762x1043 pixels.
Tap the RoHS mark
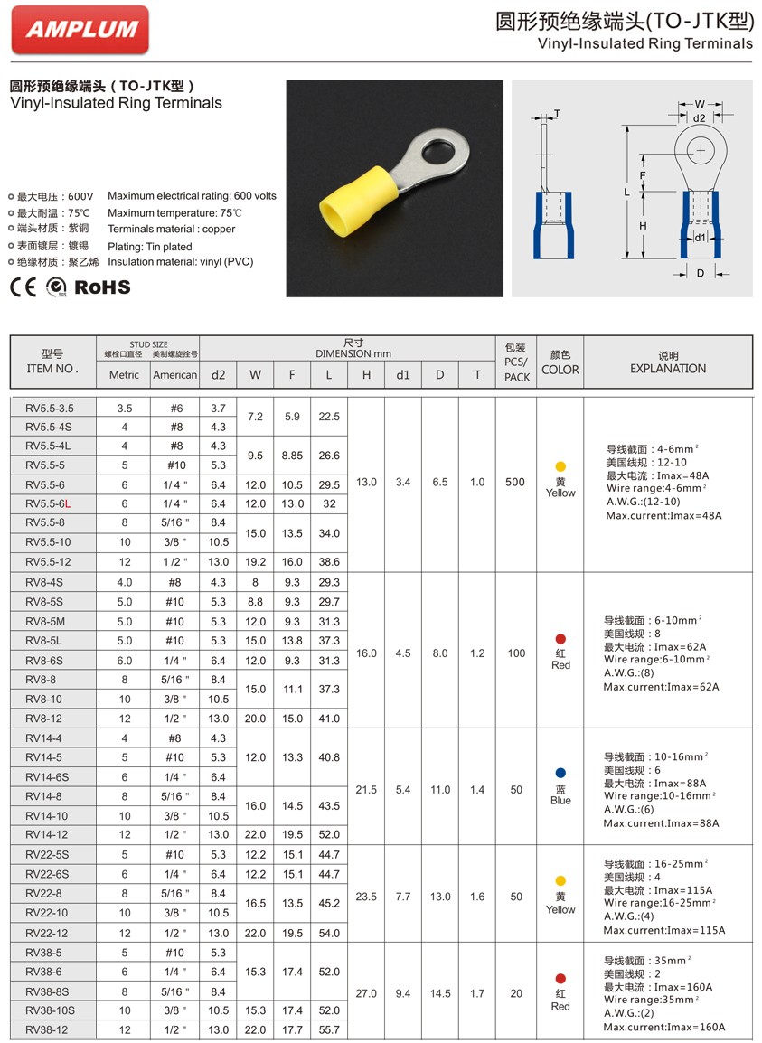click(102, 287)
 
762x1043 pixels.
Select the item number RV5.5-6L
click(49, 503)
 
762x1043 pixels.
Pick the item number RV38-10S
click(50, 1010)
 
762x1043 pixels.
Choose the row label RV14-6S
click(47, 777)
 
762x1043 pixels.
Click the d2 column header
click(218, 374)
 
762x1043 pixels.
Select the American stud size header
click(174, 375)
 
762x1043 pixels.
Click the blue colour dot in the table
click(560, 774)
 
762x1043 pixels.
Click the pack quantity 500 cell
click(515, 483)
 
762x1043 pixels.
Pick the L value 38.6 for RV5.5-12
click(329, 561)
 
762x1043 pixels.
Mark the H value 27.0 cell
click(366, 993)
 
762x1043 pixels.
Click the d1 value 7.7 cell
click(403, 897)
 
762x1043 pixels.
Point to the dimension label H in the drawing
click(643, 225)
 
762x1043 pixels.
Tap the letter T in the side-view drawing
click(557, 115)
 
